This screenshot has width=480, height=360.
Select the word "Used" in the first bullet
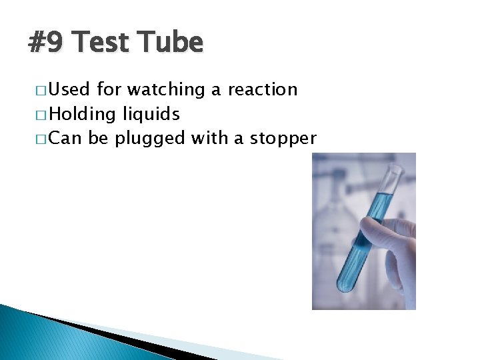click(x=69, y=89)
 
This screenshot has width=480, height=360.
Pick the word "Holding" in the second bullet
click(x=83, y=114)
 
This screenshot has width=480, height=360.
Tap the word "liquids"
click(x=151, y=114)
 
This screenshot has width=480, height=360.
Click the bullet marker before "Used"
click(x=41, y=90)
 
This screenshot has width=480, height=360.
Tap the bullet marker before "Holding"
click(x=41, y=115)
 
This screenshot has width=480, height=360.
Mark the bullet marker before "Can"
click(x=41, y=139)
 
